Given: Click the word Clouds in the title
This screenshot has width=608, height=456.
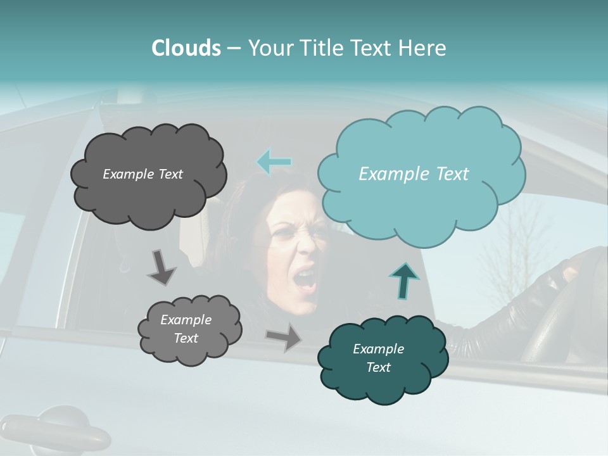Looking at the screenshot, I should pos(186,48).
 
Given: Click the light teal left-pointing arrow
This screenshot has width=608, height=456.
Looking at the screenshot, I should pos(274,162).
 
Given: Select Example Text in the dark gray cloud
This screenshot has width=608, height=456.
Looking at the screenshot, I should pos(142,174).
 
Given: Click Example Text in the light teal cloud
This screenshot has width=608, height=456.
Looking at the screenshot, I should pos(414,174).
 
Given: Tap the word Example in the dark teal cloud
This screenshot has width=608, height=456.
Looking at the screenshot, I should pos(378,349).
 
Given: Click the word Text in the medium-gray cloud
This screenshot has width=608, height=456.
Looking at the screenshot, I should pos(186,338).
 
